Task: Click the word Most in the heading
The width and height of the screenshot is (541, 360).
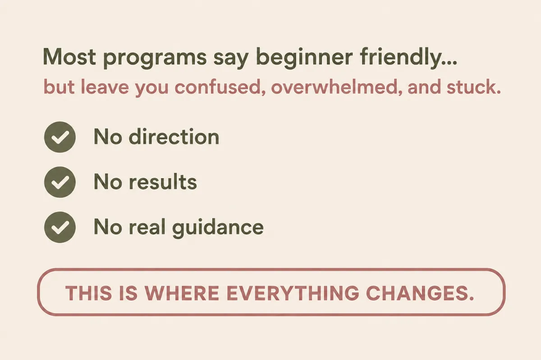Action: tap(69, 56)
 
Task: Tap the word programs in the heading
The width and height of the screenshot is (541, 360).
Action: tap(155, 59)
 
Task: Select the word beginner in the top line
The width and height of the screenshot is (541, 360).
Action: tap(304, 58)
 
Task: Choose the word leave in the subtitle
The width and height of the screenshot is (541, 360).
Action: tap(105, 87)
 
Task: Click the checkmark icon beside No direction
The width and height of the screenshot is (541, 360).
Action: tap(60, 137)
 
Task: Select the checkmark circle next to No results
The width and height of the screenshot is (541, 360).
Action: tap(60, 182)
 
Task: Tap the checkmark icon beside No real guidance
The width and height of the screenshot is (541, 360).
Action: tap(60, 227)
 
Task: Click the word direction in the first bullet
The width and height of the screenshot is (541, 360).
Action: tap(174, 136)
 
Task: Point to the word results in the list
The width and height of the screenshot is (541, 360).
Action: tap(163, 181)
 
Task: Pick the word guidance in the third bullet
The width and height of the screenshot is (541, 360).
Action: tap(218, 227)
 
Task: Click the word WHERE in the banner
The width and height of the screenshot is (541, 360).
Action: tap(182, 293)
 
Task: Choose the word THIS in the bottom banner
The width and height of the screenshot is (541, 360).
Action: tap(88, 293)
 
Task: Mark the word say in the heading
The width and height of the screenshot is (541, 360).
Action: tap(231, 59)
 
